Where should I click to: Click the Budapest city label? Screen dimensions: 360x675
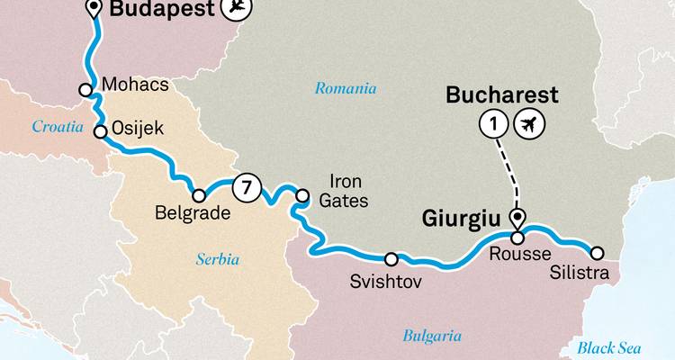click(x=162, y=11)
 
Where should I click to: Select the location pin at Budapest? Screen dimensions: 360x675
click(x=94, y=10)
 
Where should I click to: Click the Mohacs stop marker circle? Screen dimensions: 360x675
click(x=85, y=90)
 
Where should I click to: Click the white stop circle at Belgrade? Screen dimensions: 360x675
click(x=199, y=195)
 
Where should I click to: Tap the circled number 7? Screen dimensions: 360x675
click(x=246, y=188)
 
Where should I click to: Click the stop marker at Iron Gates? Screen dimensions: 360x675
click(x=302, y=193)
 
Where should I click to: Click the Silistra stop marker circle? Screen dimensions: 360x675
click(x=595, y=252)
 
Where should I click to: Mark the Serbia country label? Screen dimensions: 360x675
click(x=218, y=259)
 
